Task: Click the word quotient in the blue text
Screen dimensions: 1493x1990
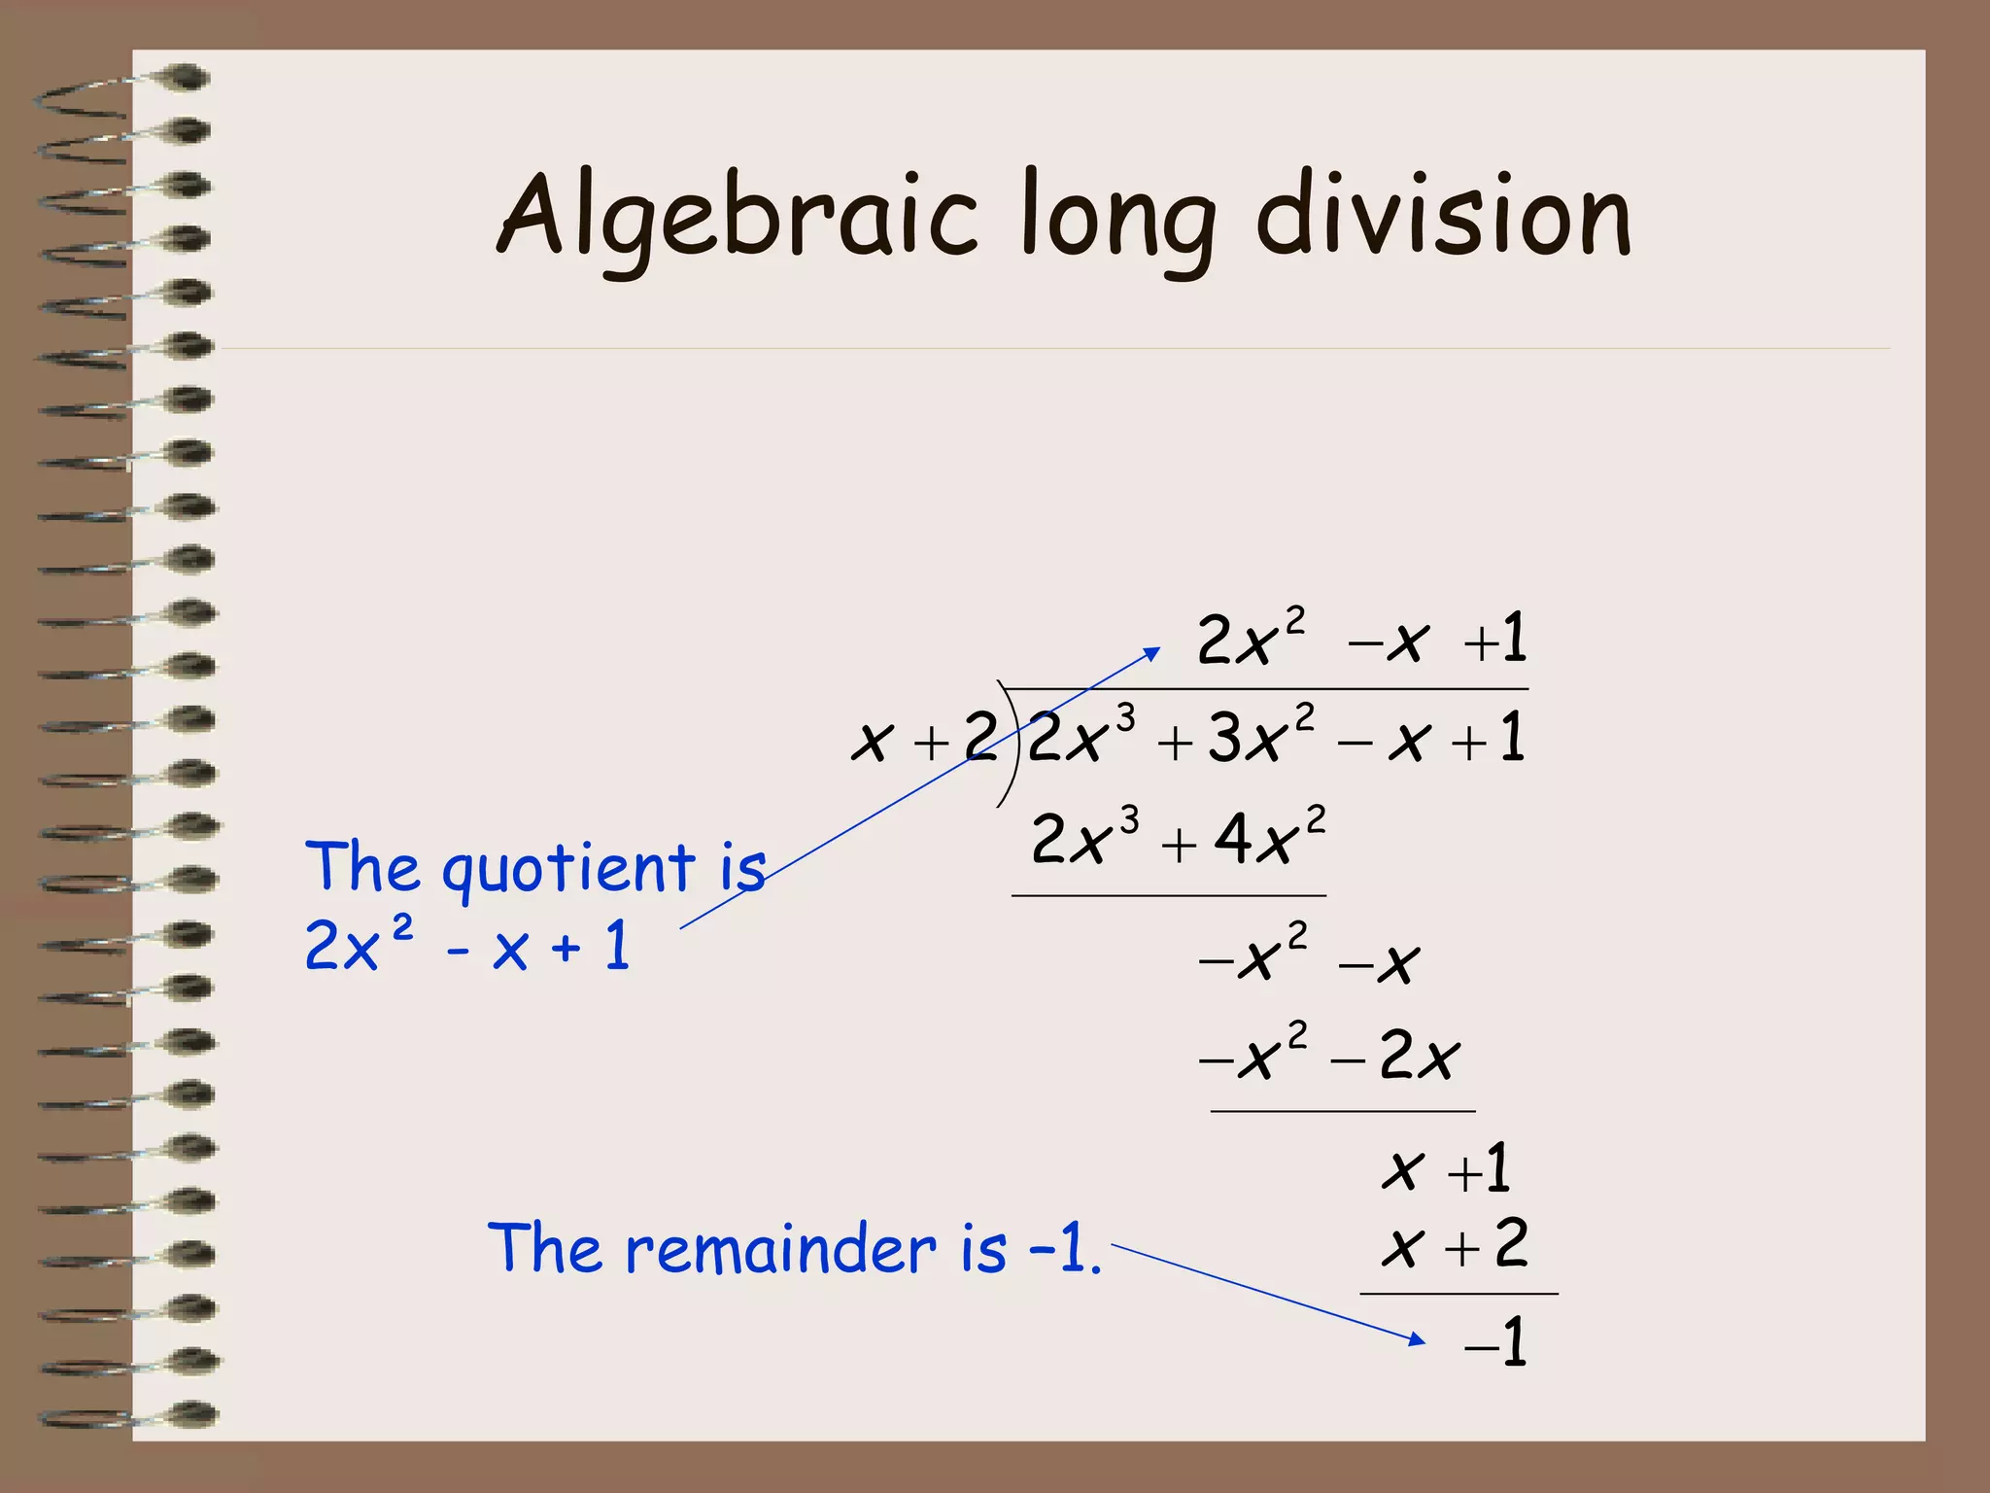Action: coord(568,869)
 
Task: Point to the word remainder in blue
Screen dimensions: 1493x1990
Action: coord(780,1248)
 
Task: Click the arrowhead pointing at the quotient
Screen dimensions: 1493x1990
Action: coord(1151,653)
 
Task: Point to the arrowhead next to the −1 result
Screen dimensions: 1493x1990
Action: coord(1418,1339)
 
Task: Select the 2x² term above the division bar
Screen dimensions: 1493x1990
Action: coord(1250,640)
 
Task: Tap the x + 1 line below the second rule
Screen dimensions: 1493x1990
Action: coord(1446,1168)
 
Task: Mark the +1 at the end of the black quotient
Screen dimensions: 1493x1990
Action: coord(1497,640)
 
